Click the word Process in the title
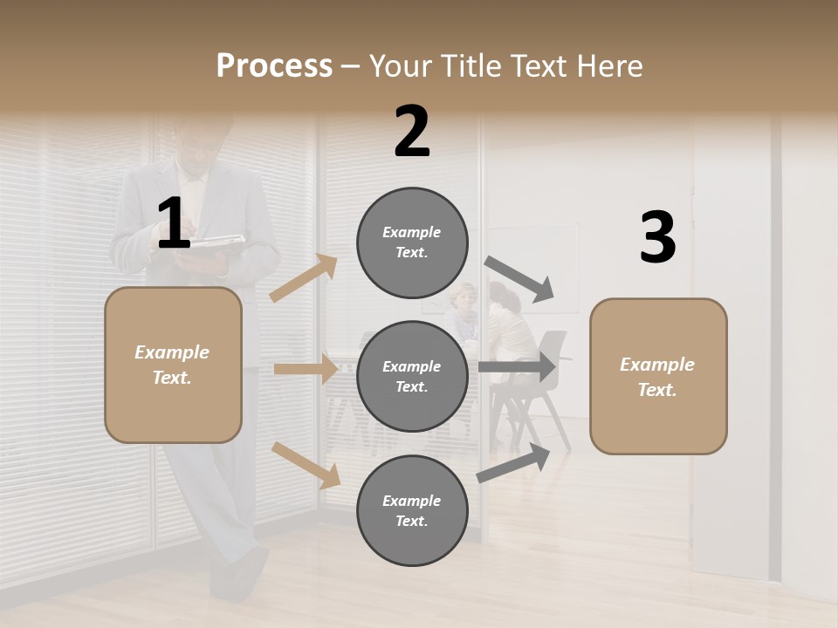274,65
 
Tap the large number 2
412,132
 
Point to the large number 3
657,237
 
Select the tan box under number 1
173,365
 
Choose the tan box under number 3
658,376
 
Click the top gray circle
412,242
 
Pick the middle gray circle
412,376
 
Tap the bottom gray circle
412,510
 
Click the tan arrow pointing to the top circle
304,278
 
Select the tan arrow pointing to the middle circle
306,369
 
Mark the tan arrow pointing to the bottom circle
306,465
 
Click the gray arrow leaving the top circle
520,279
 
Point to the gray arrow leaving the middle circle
517,366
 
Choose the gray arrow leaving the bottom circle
513,464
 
